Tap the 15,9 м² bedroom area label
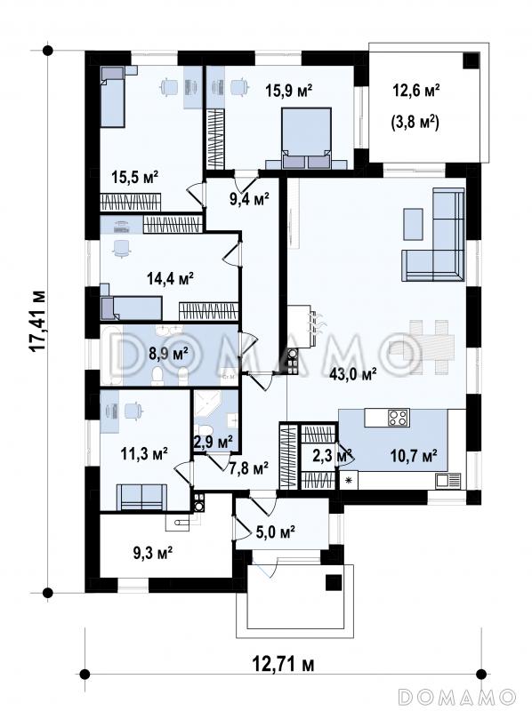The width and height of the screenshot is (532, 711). tap(289, 91)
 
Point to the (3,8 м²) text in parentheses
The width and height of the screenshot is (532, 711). tap(415, 123)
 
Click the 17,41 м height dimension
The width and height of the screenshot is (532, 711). tap(37, 320)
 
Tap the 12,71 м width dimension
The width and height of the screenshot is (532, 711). tap(283, 664)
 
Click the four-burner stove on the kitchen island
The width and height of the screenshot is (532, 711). tap(399, 417)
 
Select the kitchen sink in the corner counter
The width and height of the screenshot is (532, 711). tap(447, 480)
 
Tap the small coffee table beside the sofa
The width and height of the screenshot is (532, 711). tap(413, 224)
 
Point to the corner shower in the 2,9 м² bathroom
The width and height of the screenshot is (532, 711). tap(208, 405)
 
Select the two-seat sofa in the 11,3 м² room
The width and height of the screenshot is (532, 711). tap(142, 497)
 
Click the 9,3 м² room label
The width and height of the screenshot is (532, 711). tap(152, 552)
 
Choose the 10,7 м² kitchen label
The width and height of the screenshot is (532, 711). tap(414, 454)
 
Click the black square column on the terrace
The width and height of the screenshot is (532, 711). tap(472, 60)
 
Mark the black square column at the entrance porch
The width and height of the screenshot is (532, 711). tap(334, 582)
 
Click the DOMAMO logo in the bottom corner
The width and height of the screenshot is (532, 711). tap(457, 696)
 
